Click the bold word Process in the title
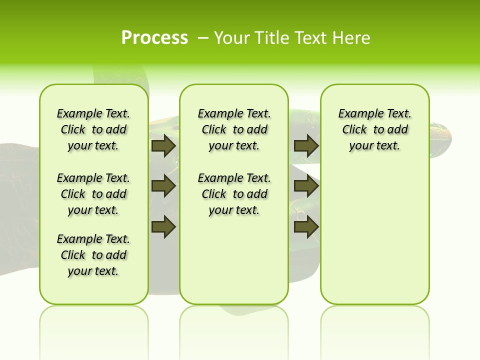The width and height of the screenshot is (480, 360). [154, 37]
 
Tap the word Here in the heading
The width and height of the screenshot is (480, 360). [352, 38]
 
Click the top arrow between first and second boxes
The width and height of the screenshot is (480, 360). [163, 146]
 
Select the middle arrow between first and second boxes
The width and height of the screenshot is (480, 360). [163, 186]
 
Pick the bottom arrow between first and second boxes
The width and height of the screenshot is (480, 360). [163, 226]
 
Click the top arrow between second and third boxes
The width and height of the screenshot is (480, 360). [306, 146]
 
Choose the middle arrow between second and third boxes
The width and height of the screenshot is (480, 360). [306, 186]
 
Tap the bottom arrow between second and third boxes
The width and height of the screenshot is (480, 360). [306, 226]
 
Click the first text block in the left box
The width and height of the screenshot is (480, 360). [93, 129]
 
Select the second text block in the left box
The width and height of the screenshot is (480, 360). [93, 194]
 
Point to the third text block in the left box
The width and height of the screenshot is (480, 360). [93, 255]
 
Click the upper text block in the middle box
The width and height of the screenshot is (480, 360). [234, 129]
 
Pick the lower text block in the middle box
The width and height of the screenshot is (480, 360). [234, 194]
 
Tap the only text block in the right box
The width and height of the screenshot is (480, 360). [374, 129]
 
